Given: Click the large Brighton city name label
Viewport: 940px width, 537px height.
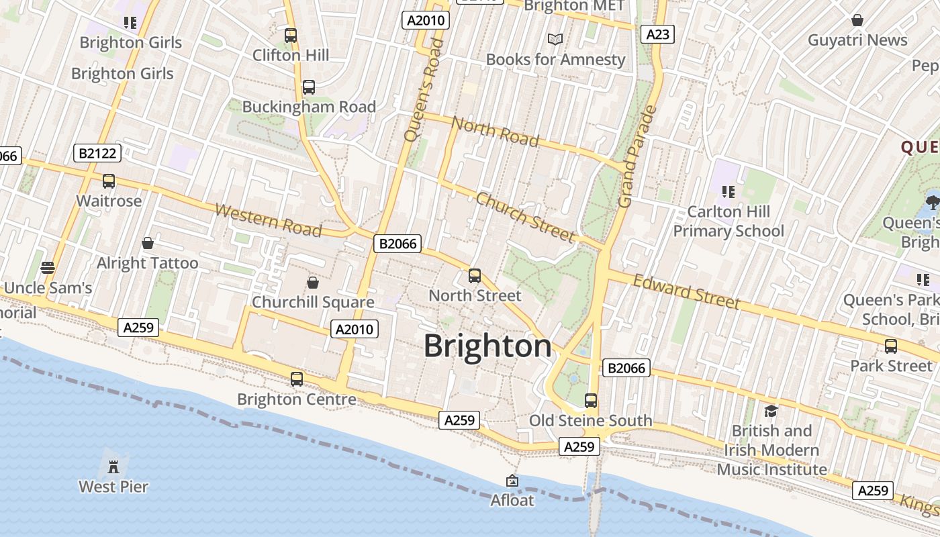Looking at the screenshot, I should pos(487,346).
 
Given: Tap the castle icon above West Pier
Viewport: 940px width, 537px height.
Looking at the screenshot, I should pos(113,466).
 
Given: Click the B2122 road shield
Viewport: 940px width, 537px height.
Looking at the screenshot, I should pos(97,154).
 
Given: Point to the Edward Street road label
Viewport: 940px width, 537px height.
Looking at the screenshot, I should pos(686,292).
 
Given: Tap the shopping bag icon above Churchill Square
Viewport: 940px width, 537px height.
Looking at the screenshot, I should pos(312,283).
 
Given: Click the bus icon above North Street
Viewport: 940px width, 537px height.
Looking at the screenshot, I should pos(475,276).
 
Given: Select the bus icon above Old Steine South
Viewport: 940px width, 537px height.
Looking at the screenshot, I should pos(591,401).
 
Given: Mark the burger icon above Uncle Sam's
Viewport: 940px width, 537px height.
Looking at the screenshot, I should pos(47,268).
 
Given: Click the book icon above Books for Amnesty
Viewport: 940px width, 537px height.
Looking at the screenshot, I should pos(555,40).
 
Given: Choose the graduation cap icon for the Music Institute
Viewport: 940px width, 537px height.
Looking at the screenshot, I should pos(771,410).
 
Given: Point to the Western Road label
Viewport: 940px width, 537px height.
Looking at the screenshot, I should pos(269,220).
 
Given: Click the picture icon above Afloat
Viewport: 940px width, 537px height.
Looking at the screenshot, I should pos(512,481).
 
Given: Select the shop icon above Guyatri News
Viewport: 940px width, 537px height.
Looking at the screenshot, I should pos(857,20).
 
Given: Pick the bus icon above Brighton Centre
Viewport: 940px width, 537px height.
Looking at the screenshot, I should pos(297,379).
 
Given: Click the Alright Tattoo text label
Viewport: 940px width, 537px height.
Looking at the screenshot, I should pos(148,263).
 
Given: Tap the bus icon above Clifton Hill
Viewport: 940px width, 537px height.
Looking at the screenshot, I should pos(291,36).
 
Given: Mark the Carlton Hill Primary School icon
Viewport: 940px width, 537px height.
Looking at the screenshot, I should pos(728,192).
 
